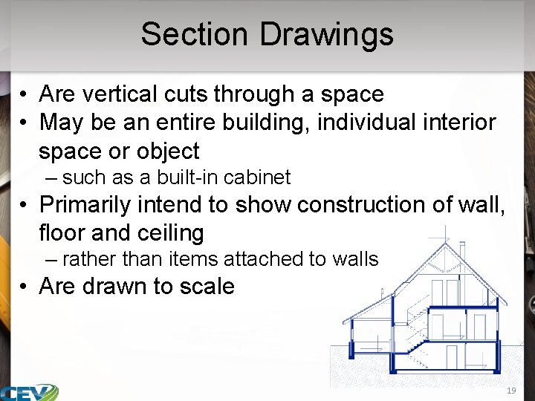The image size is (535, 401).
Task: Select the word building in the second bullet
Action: tap(266, 122)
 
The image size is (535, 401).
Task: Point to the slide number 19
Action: tap(511, 391)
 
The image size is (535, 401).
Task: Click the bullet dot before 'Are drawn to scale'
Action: tap(25, 287)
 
